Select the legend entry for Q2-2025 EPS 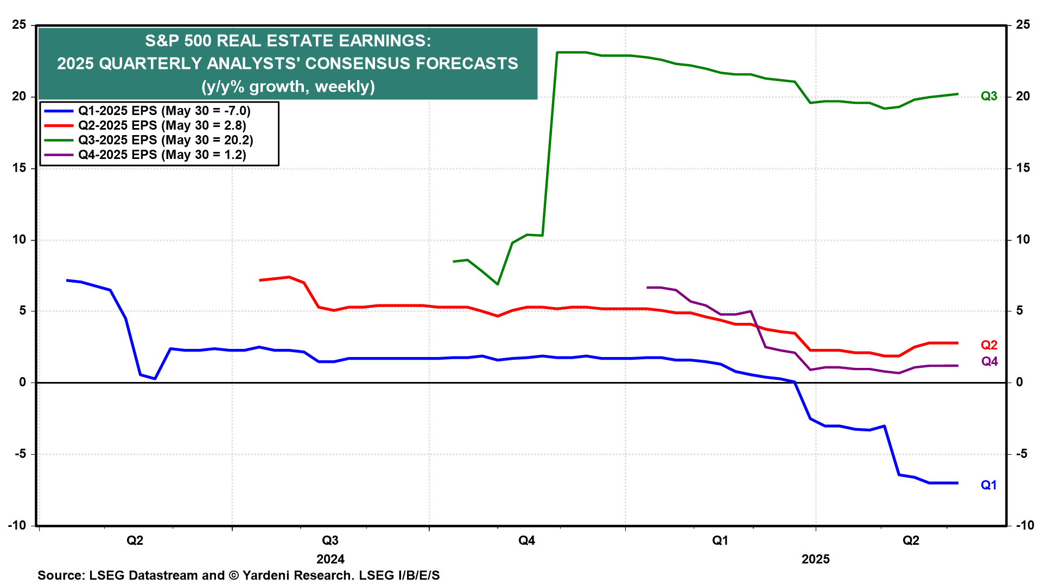point(162,126)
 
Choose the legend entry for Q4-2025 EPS point(162,155)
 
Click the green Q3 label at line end point(989,97)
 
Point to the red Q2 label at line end point(989,345)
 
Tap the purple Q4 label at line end point(989,362)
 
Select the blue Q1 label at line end point(989,486)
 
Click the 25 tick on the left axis point(19,25)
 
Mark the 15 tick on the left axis point(19,168)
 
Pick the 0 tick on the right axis point(1019,383)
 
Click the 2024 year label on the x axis point(331,559)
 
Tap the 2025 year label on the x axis point(815,559)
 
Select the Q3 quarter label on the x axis point(330,541)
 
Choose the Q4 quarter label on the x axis point(526,541)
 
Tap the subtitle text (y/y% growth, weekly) point(288,87)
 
